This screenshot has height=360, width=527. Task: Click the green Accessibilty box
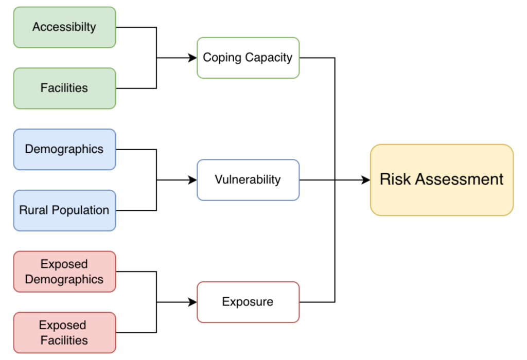pyautogui.click(x=64, y=27)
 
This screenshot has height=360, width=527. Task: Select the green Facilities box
pyautogui.click(x=64, y=88)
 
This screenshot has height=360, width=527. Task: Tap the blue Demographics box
pyautogui.click(x=64, y=149)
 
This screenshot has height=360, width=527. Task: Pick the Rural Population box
pyautogui.click(x=64, y=210)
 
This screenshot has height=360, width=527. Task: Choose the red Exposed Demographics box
pyautogui.click(x=64, y=272)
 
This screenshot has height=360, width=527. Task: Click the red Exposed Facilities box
pyautogui.click(x=64, y=332)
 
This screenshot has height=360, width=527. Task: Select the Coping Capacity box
pyautogui.click(x=248, y=58)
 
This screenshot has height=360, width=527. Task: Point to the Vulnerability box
pyautogui.click(x=248, y=179)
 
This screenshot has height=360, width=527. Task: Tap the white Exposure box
pyautogui.click(x=248, y=302)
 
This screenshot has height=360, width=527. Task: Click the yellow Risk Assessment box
pyautogui.click(x=442, y=179)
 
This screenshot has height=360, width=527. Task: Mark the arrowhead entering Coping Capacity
pyautogui.click(x=193, y=58)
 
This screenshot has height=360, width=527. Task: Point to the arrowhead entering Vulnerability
pyautogui.click(x=193, y=180)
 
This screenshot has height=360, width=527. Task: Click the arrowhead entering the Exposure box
pyautogui.click(x=193, y=302)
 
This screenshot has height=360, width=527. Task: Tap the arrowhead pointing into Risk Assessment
pyautogui.click(x=366, y=180)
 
